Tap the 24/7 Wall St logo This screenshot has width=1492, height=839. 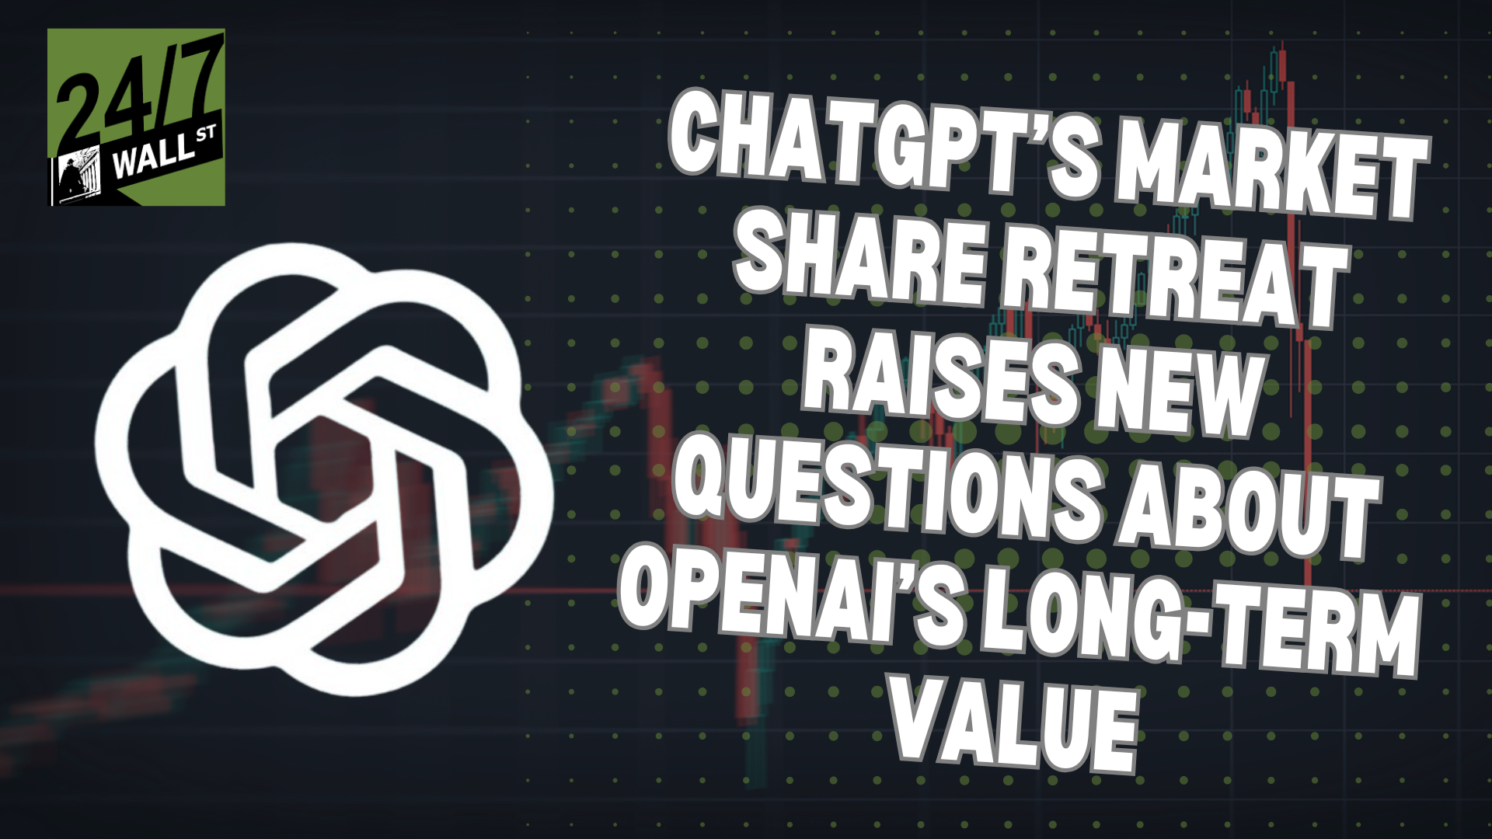tap(136, 117)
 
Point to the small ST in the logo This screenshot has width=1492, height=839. tap(206, 136)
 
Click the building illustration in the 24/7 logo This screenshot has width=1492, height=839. tap(80, 175)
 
